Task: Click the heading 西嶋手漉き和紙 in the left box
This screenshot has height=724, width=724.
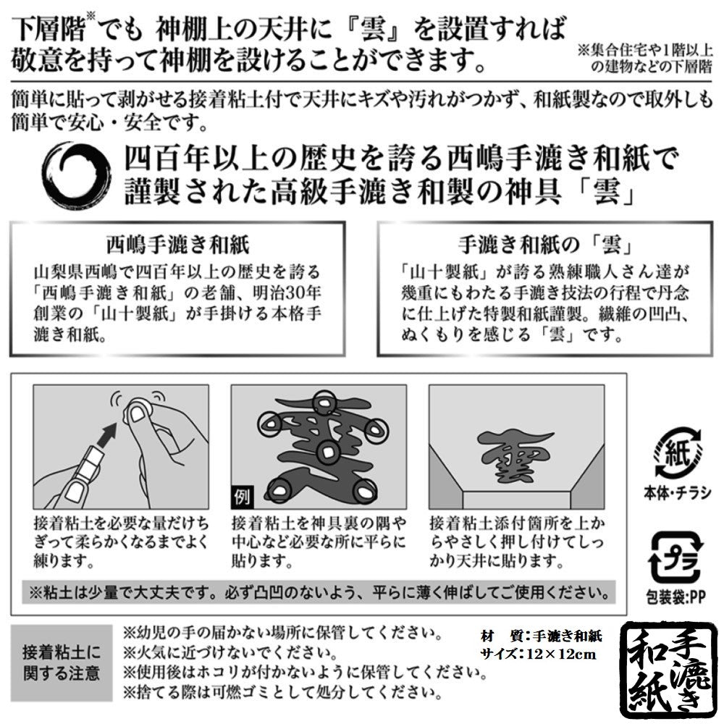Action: [x=178, y=245]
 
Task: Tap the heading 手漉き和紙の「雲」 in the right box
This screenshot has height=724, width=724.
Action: [x=546, y=245]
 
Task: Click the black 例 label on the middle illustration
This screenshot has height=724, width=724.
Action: [x=242, y=497]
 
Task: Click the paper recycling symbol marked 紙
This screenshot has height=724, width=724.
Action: [x=678, y=452]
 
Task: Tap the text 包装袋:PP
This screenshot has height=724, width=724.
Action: [x=676, y=597]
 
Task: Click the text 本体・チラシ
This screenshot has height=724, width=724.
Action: [x=678, y=493]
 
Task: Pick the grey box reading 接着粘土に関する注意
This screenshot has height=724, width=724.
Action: [x=62, y=663]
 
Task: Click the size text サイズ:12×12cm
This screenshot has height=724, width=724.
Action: [x=539, y=654]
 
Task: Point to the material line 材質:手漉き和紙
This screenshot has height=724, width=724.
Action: [x=541, y=636]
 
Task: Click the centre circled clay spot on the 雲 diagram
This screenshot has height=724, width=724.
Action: [x=328, y=452]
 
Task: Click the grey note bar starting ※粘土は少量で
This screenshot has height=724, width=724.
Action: [x=319, y=593]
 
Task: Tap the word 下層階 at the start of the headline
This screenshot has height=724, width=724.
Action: [x=49, y=30]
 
